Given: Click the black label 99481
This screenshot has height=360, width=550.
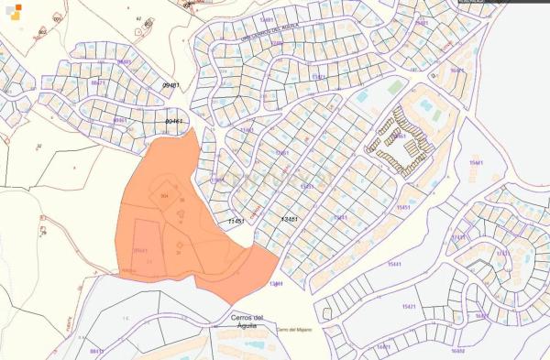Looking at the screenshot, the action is pos(171,85).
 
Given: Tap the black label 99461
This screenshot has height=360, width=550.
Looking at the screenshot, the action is pos(174,121).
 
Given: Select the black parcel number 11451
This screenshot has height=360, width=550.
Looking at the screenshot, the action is pos(236,221).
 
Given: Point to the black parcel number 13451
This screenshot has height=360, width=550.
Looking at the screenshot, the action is pos(290,220).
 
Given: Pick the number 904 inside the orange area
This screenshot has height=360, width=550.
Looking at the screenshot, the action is pos(165,196).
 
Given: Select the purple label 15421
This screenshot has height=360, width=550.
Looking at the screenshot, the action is pos(410,306).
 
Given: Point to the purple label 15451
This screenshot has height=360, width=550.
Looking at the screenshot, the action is pos(403,208).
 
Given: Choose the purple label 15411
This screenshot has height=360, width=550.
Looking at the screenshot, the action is pos(341,217).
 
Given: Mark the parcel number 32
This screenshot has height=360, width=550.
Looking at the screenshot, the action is pos(39,146).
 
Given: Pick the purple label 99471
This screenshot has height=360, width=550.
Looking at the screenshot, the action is pos(98,82).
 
